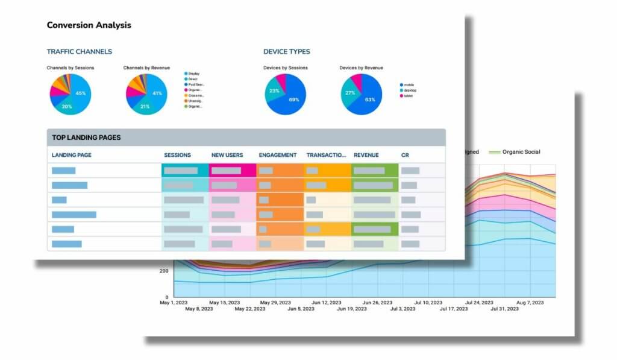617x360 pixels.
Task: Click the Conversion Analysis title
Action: (x=89, y=25)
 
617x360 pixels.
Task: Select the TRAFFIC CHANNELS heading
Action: (x=80, y=52)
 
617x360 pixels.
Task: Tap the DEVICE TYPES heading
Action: (x=287, y=52)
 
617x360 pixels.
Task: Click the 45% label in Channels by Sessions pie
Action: (x=81, y=93)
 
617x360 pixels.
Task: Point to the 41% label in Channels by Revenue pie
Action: (x=157, y=93)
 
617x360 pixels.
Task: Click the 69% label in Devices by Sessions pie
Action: (x=294, y=100)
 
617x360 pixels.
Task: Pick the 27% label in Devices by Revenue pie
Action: (x=349, y=93)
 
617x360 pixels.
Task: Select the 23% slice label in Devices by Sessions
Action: (x=274, y=92)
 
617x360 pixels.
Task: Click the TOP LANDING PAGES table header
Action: (x=86, y=137)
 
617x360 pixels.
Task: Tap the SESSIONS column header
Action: (x=177, y=156)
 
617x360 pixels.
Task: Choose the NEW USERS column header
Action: (x=227, y=156)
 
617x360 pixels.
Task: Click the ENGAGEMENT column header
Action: (x=278, y=156)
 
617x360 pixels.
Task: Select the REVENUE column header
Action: (x=366, y=156)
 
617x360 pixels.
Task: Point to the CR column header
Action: (x=405, y=156)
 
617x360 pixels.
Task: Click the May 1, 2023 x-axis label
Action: (x=174, y=302)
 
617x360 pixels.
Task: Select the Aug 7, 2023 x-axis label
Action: (x=530, y=302)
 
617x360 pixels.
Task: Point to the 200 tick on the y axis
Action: (x=164, y=271)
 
